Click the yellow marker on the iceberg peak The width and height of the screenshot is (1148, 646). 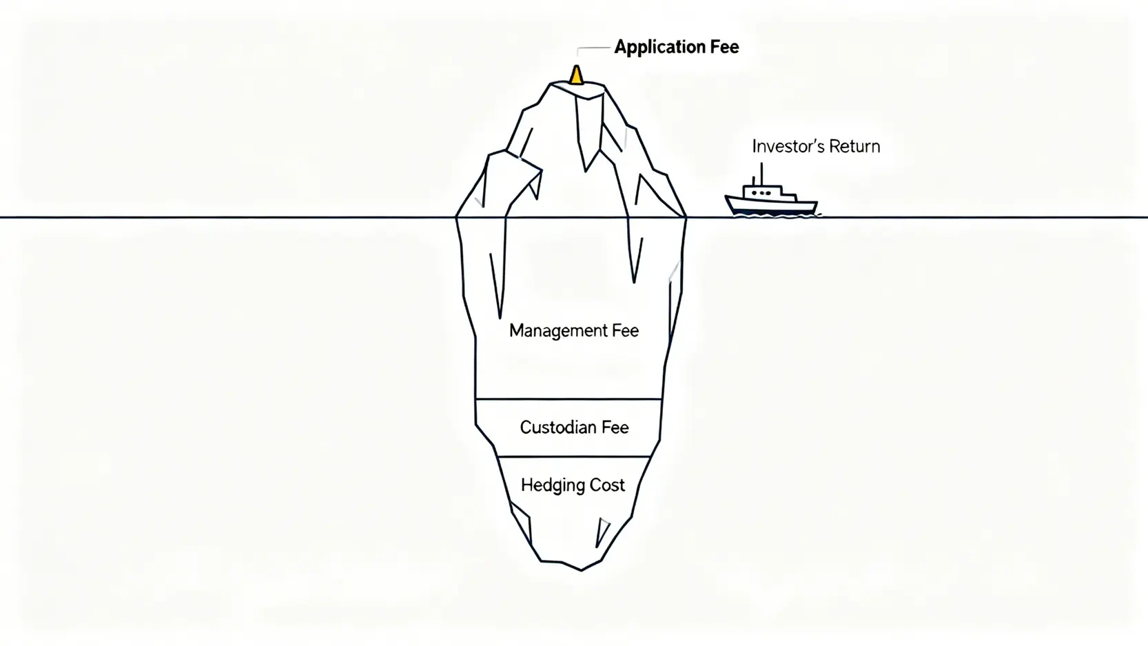[576, 74]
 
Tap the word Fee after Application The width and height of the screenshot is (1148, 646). [724, 47]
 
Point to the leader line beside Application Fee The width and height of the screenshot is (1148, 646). [593, 48]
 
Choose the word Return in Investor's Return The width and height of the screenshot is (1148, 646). [855, 146]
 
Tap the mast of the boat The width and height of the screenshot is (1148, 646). [761, 173]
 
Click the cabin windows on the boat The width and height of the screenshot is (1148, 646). [761, 193]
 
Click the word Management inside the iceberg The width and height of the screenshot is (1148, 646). [549, 331]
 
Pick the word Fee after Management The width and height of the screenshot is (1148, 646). [625, 331]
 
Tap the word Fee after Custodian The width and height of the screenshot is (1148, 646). [615, 427]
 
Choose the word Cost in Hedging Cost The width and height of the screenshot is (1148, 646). [606, 485]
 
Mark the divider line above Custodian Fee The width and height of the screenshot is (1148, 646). [568, 398]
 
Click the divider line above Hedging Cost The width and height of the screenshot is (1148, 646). [573, 456]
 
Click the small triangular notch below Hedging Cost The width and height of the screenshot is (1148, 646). [602, 531]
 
